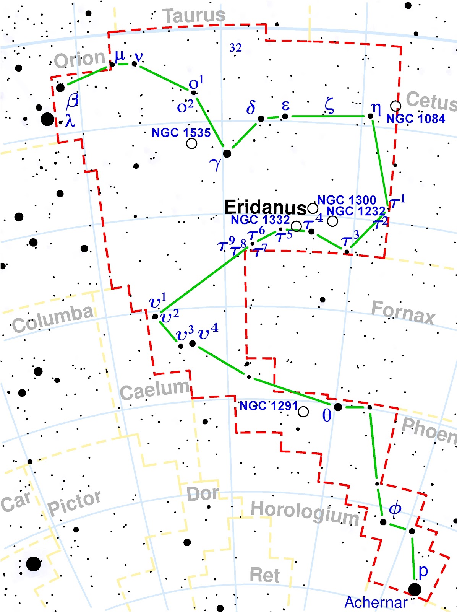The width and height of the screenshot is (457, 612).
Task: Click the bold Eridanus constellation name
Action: tap(265, 207)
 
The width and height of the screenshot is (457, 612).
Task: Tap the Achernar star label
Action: tap(376, 602)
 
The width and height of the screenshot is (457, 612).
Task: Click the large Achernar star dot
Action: tap(415, 589)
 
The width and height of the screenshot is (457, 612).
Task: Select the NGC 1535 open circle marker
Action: tap(191, 143)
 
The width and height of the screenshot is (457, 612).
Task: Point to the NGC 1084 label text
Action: tap(416, 119)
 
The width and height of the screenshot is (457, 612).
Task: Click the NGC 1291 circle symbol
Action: tap(303, 412)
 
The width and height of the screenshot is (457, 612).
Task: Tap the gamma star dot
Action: tap(227, 153)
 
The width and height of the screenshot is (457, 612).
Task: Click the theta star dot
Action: tap(338, 407)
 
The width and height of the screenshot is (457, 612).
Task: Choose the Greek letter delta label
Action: tap(251, 108)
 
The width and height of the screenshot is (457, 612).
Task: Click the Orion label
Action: tap(79, 59)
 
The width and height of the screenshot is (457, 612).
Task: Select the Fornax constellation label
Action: tap(403, 313)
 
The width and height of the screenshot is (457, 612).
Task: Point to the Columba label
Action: tap(53, 319)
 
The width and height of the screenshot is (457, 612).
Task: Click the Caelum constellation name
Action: tap(155, 390)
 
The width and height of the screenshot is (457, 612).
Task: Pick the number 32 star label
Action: tap(235, 48)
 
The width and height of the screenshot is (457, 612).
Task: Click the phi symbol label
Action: tap(395, 509)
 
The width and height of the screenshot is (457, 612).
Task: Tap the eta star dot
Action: tap(370, 116)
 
